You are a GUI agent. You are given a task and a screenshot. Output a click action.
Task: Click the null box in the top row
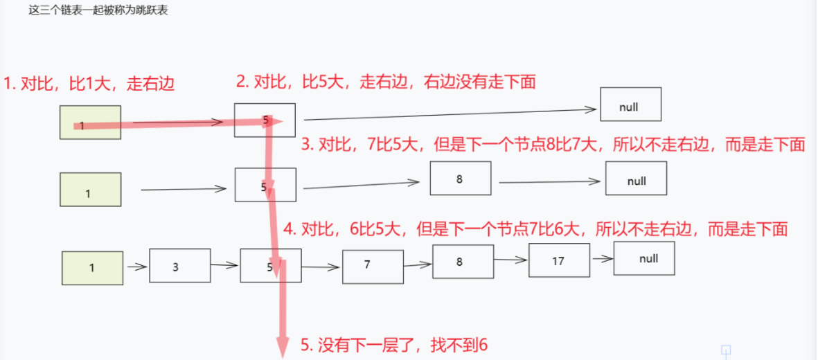click(630, 105)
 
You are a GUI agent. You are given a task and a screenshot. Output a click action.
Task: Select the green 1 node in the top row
click(91, 123)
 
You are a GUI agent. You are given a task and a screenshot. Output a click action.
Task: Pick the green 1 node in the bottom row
click(92, 268)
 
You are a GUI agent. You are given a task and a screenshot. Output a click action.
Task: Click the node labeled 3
click(179, 265)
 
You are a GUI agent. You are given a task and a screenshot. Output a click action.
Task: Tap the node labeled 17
click(558, 260)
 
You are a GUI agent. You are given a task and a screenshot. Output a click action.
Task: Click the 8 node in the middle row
click(460, 178)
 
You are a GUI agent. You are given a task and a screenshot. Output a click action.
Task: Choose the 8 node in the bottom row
click(463, 262)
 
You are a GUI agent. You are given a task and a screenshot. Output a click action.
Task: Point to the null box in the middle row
click(636, 179)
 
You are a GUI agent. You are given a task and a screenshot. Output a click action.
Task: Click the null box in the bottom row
click(643, 259)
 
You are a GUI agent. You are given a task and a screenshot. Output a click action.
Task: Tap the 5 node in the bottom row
click(271, 265)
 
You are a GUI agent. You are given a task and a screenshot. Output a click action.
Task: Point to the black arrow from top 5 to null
click(450, 114)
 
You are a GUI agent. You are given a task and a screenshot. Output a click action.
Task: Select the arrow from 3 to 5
click(225, 264)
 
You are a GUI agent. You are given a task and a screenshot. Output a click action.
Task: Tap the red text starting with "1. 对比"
click(89, 84)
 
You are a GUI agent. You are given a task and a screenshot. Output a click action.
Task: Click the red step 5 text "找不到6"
click(395, 344)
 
